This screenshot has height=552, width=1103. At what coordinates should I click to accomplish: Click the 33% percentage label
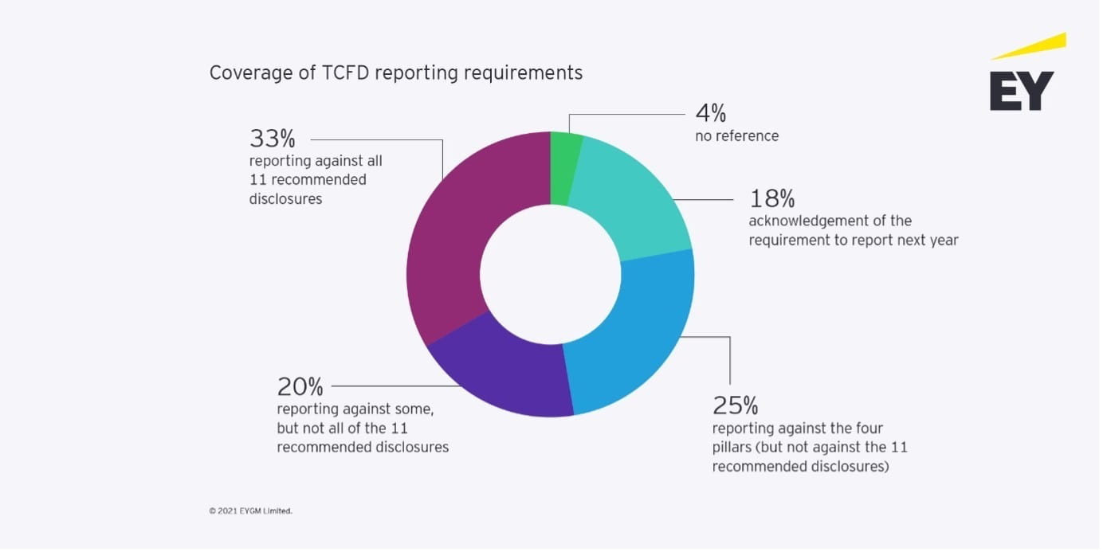pyautogui.click(x=272, y=139)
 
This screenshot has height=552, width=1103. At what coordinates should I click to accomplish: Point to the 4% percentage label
pyautogui.click(x=711, y=114)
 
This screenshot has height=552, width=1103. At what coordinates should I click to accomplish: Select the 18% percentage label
pyautogui.click(x=771, y=198)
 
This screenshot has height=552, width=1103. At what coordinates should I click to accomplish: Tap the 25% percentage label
pyautogui.click(x=735, y=406)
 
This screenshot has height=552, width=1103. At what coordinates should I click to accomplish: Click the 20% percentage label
pyautogui.click(x=300, y=387)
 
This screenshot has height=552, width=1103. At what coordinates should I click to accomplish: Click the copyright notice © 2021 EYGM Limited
pyautogui.click(x=251, y=511)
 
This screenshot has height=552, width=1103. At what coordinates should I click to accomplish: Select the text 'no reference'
pyautogui.click(x=736, y=136)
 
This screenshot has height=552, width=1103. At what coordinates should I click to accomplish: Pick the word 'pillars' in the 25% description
pyautogui.click(x=732, y=448)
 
